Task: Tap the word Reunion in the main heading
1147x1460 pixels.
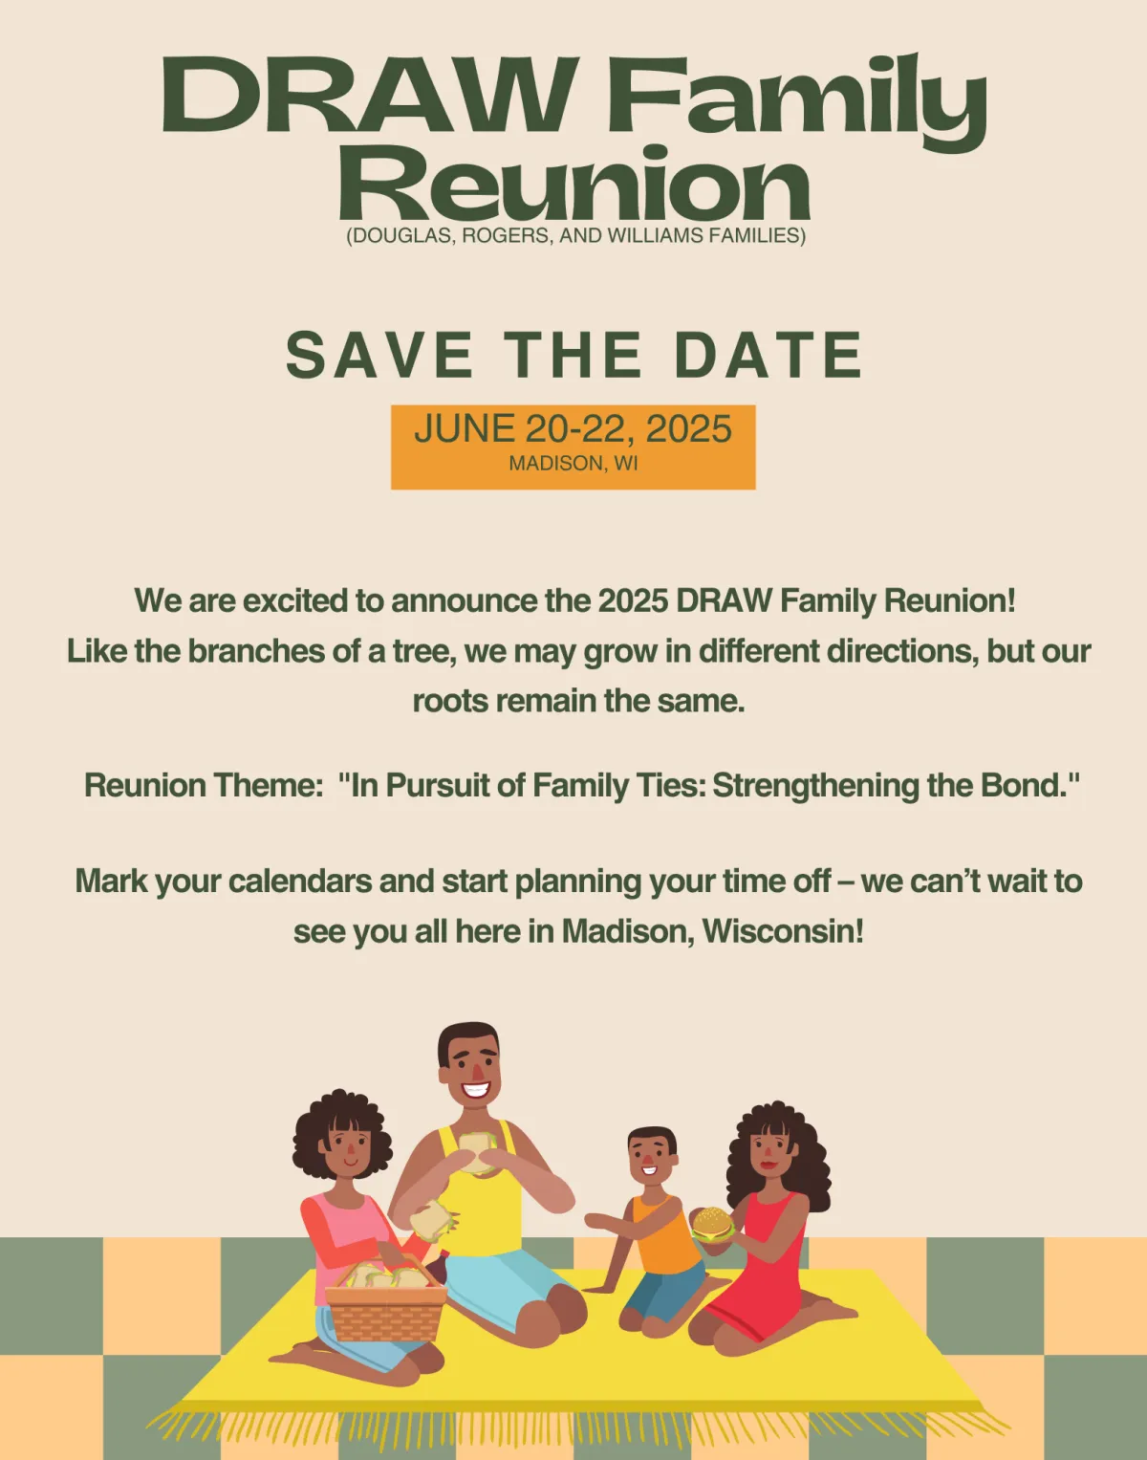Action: click(x=574, y=185)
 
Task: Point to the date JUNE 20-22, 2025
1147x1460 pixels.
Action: click(x=573, y=428)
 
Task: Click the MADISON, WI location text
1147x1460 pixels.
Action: click(x=573, y=464)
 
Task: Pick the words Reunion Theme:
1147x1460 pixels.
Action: click(x=201, y=785)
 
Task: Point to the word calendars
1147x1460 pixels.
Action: click(x=299, y=881)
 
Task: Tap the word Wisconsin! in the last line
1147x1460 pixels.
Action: click(x=782, y=931)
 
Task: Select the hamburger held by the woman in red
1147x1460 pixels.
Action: click(x=712, y=1225)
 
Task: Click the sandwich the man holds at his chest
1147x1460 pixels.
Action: click(x=478, y=1153)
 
